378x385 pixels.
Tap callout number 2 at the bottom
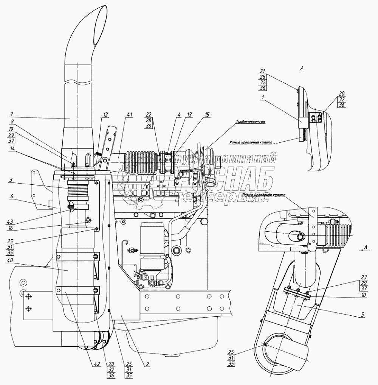148,364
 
